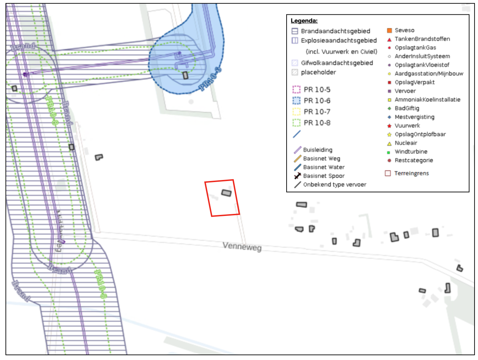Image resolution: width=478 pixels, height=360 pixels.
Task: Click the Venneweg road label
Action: point(242,246)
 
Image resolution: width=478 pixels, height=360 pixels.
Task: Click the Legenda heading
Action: point(304,21)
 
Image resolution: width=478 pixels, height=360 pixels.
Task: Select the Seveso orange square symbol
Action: point(389,30)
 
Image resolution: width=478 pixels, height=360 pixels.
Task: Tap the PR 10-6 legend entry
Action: point(317,101)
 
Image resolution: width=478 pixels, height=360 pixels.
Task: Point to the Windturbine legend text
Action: point(411,152)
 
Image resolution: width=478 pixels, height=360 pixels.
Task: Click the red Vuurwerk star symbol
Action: point(389,126)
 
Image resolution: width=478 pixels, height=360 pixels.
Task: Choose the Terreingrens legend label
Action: point(411,173)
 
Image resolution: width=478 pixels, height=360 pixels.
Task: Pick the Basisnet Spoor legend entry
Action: point(324,176)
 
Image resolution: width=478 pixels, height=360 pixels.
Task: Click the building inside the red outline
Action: point(226,193)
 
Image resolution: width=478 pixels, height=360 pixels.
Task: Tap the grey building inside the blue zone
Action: point(185,75)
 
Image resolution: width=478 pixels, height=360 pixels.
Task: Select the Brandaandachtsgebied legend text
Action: point(335,31)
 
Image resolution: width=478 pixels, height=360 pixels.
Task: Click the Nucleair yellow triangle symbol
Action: point(389,143)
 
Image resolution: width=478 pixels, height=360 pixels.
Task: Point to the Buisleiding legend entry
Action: point(317,150)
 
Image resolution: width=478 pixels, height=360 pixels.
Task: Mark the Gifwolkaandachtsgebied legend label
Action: point(337,63)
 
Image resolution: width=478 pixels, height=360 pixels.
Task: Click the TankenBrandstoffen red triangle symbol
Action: point(389,39)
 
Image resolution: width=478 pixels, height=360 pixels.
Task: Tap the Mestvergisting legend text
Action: point(414,117)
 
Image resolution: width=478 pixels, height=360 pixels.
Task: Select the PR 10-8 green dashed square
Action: point(296,123)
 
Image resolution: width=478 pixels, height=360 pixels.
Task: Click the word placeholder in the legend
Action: point(318,72)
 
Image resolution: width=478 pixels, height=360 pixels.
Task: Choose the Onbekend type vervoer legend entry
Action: point(335,184)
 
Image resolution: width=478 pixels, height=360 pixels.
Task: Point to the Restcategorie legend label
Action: point(414,160)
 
